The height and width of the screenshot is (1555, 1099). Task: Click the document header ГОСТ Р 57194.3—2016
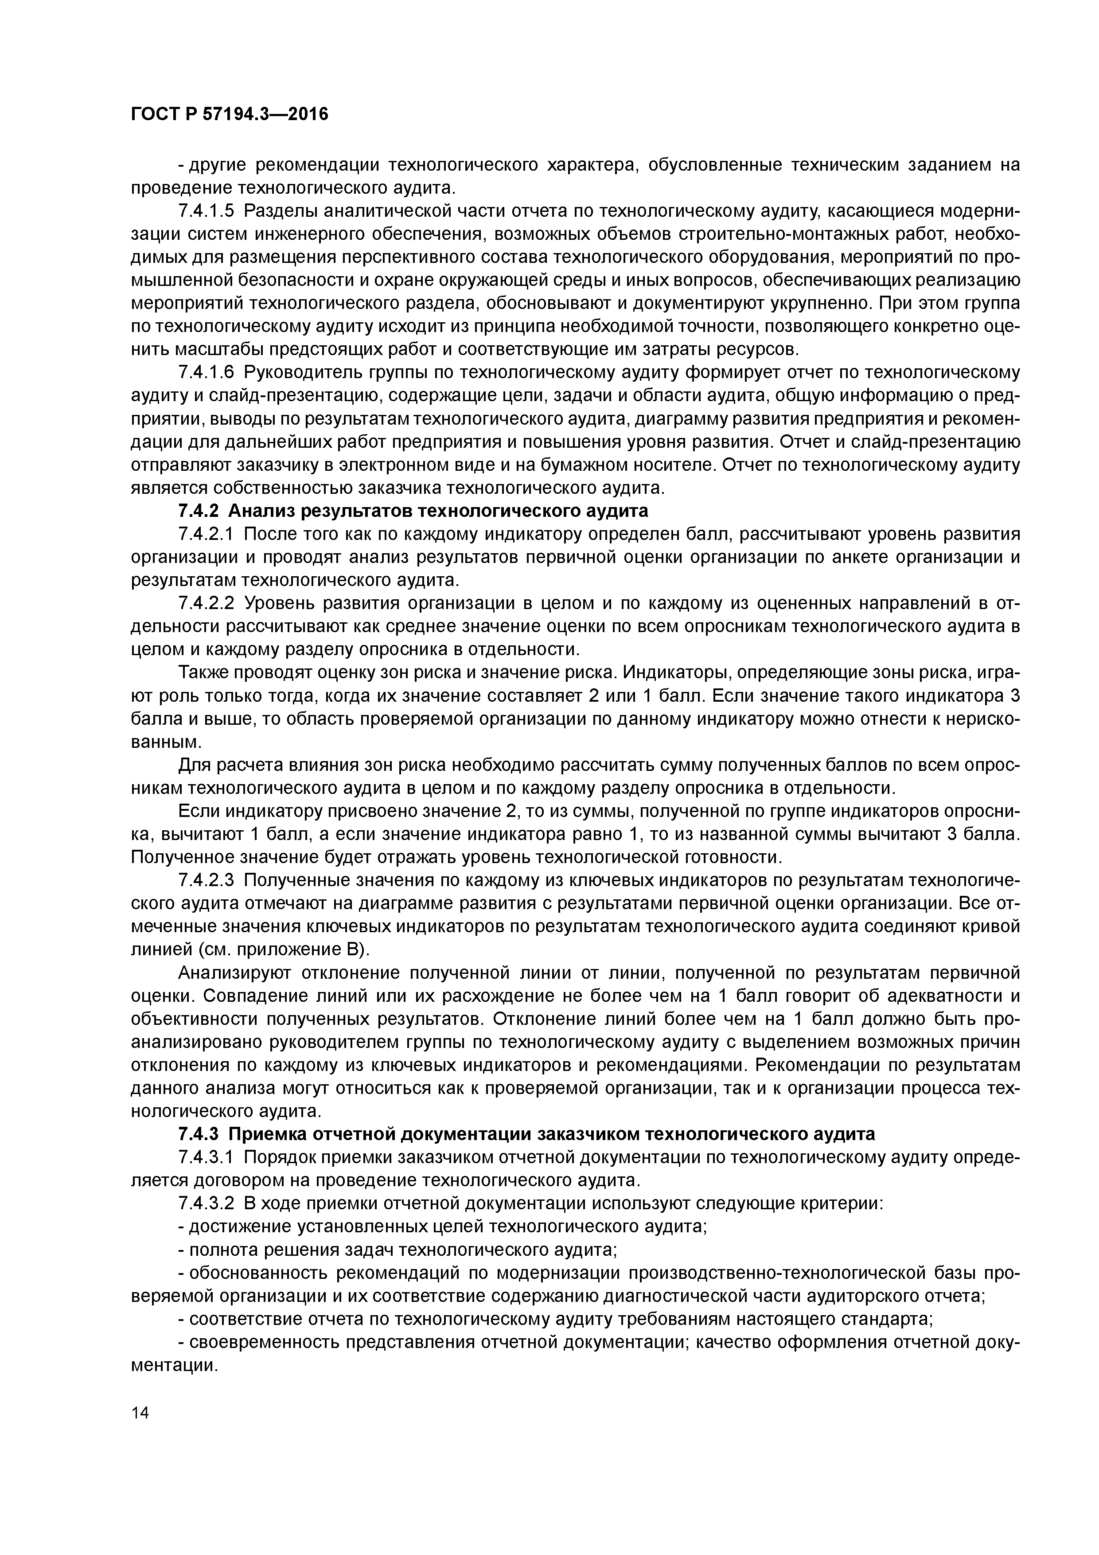point(229,114)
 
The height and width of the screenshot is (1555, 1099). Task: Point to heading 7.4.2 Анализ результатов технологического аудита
point(413,511)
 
